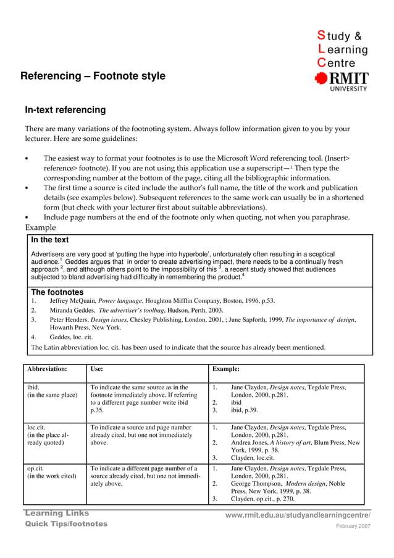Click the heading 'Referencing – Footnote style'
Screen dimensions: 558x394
(93, 77)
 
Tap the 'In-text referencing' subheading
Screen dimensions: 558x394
(65, 111)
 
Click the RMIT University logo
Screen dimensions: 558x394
(342, 80)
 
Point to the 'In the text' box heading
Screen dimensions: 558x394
(50, 240)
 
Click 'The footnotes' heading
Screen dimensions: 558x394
(57, 292)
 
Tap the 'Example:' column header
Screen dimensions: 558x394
(226, 369)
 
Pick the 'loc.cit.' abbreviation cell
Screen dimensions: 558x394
(36, 427)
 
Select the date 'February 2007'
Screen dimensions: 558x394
(353, 526)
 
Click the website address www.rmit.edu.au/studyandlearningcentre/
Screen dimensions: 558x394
(298, 515)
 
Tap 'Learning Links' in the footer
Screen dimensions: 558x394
(57, 514)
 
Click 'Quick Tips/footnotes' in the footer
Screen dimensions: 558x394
(66, 524)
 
